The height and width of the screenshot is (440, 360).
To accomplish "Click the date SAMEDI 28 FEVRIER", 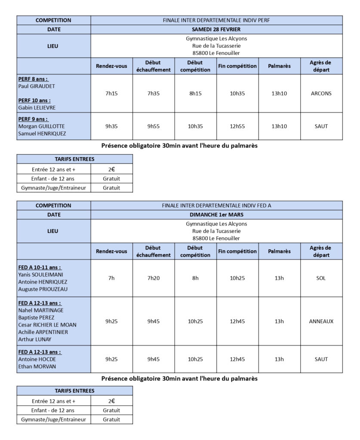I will (x=216, y=30).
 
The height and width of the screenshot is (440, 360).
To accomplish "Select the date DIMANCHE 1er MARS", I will (x=216, y=214).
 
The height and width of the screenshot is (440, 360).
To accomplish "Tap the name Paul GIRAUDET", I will (x=37, y=86).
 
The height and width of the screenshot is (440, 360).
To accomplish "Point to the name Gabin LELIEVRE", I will (x=37, y=107).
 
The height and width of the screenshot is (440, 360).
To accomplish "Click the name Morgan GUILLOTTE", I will (x=41, y=126).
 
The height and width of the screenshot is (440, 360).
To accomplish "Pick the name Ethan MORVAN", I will (x=37, y=367).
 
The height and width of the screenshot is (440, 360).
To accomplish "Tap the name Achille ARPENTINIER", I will (x=43, y=332).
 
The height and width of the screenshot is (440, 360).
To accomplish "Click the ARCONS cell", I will (x=321, y=93).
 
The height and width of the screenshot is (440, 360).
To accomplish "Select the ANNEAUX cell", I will (x=321, y=321).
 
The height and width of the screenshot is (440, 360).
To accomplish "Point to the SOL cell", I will (x=321, y=278).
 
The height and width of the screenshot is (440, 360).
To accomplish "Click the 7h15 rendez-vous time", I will (x=111, y=93).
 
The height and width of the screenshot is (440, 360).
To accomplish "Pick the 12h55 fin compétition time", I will (x=237, y=126).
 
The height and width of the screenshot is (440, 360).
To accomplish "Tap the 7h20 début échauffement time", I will (x=153, y=278).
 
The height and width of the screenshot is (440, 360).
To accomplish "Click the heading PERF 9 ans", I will (x=33, y=119).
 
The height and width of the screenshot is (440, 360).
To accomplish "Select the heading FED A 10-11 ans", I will (x=40, y=267).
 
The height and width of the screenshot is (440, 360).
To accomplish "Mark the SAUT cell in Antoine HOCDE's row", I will (x=321, y=359).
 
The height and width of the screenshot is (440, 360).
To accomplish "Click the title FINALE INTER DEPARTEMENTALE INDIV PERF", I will (x=216, y=20).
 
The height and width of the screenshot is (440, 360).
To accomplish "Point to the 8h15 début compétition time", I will (x=195, y=93).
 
